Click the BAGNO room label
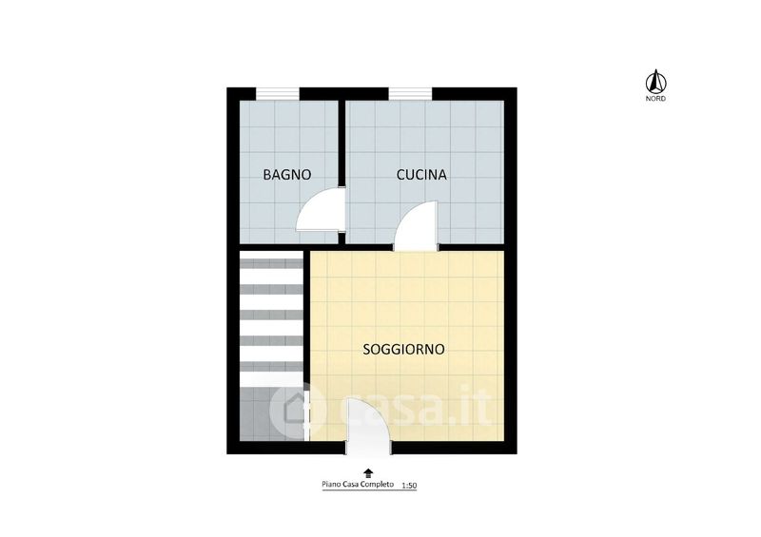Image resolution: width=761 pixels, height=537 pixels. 287,175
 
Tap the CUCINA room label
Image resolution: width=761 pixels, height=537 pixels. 421,175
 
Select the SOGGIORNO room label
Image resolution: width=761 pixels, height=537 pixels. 403,349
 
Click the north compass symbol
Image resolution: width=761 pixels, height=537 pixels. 655,81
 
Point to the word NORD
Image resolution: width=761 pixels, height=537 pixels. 655,99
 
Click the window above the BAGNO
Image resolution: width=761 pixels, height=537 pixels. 277,93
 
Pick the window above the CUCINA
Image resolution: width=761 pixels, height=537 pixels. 410,93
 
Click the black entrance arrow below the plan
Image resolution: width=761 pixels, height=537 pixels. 368,473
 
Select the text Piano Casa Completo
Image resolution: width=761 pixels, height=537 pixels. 358,484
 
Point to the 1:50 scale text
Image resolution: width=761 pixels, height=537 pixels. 410,485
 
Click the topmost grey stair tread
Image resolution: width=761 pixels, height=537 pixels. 271,263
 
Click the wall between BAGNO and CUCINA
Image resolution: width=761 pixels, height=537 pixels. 341,172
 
